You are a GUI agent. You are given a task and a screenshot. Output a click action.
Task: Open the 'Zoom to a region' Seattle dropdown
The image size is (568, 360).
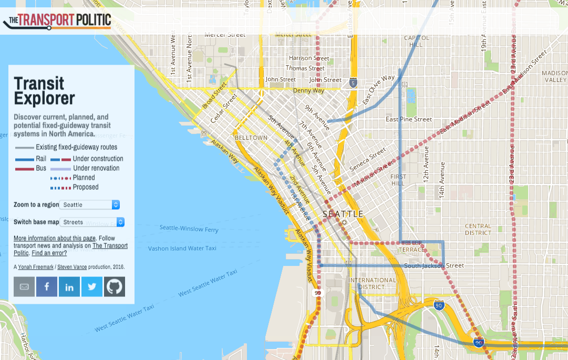click(x=89, y=204)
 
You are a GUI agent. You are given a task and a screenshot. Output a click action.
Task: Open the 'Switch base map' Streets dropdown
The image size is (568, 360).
click(x=92, y=222)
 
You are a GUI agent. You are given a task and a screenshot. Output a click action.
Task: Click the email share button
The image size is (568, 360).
click(x=24, y=286)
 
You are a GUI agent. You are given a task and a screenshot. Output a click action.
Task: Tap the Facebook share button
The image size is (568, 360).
click(x=47, y=286)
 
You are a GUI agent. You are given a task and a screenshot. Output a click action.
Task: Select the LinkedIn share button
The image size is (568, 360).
click(x=69, y=286)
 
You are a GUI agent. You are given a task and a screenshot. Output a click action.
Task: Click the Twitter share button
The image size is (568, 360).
click(x=92, y=286)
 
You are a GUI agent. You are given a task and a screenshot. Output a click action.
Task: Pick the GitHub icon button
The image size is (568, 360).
click(x=115, y=286)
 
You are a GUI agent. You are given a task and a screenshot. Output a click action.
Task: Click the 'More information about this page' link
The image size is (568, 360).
click(x=55, y=238)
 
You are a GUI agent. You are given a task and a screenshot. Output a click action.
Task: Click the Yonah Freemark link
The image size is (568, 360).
click(x=35, y=267)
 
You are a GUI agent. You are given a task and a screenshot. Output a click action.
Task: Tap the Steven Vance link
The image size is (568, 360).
click(x=72, y=267)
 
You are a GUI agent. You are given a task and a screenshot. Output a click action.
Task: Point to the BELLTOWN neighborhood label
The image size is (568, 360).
click(x=251, y=138)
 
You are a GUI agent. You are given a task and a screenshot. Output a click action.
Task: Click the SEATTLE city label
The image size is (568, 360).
click(x=343, y=214)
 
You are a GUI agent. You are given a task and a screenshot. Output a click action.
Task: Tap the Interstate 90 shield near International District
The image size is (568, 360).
click(x=439, y=305)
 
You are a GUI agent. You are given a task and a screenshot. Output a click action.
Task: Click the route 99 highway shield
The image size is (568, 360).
click(x=317, y=293)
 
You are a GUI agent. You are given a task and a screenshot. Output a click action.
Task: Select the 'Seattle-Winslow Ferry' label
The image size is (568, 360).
click(x=189, y=229)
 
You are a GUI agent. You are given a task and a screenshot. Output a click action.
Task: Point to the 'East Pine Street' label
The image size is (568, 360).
click(x=409, y=119)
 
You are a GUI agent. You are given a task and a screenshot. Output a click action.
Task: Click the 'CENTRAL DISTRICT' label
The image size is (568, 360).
click(x=478, y=229)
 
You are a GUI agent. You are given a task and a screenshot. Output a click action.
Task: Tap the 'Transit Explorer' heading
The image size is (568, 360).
click(x=44, y=91)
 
